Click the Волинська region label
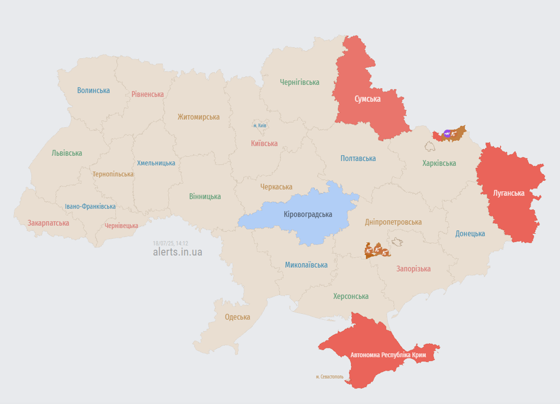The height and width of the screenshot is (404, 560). point(93,91)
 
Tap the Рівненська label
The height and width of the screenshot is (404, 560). point(148,95)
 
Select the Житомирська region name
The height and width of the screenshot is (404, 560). point(198,117)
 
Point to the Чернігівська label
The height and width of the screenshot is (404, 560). point(300,82)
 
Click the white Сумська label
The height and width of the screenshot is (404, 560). point(367,99)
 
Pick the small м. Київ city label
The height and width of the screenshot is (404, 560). point(260,125)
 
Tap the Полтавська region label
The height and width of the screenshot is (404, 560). point(358,159)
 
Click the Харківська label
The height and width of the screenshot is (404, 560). point(439,163)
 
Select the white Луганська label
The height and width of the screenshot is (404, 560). point(508,193)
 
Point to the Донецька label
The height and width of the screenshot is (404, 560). point(470,234)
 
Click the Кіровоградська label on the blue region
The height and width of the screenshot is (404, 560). point(308,215)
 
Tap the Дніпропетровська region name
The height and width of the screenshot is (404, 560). point(393,222)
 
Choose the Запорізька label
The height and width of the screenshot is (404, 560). point(413,269)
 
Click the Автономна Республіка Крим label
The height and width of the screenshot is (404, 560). point(388,355)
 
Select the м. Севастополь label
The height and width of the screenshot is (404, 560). point(330,377)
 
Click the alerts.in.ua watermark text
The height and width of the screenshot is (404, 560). point(178,252)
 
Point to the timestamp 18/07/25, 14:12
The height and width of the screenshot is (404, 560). point(170,243)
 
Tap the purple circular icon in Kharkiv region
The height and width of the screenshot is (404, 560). point(447,134)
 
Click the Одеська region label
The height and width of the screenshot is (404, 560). point(237,317)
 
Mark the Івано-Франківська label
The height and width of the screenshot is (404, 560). point(90,207)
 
